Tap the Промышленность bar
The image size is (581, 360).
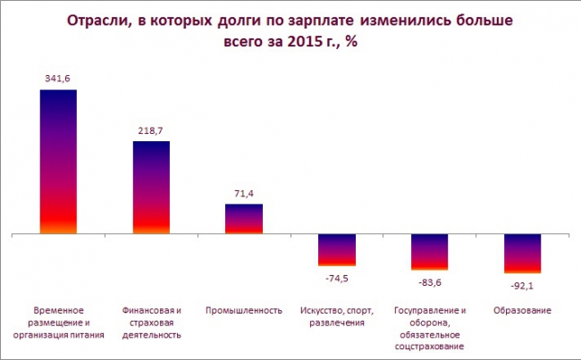point(244,219)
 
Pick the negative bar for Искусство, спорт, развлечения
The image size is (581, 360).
point(337,250)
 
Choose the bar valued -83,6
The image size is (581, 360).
point(429,252)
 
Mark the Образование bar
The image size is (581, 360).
point(522,254)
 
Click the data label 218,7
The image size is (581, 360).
point(151,130)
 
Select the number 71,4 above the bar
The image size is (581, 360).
point(244,193)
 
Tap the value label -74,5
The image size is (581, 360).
point(337,278)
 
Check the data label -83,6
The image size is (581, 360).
point(430,281)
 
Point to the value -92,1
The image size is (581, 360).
point(523,285)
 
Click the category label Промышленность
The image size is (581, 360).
point(244,311)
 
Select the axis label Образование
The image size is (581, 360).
point(522,311)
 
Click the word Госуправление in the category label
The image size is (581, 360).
point(425,311)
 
